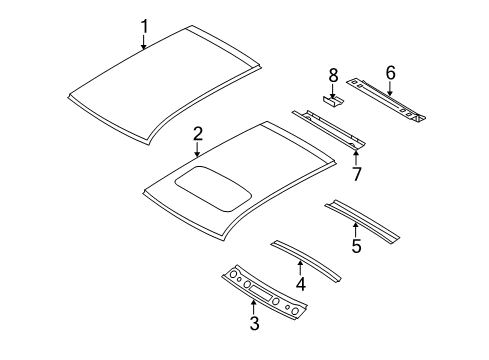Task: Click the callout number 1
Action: click(145, 25)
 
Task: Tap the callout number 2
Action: click(198, 135)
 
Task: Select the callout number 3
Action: click(255, 323)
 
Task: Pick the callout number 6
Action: click(390, 71)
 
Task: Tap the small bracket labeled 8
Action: click(333, 98)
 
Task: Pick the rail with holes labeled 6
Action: click(390, 100)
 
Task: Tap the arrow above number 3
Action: click(255, 305)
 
